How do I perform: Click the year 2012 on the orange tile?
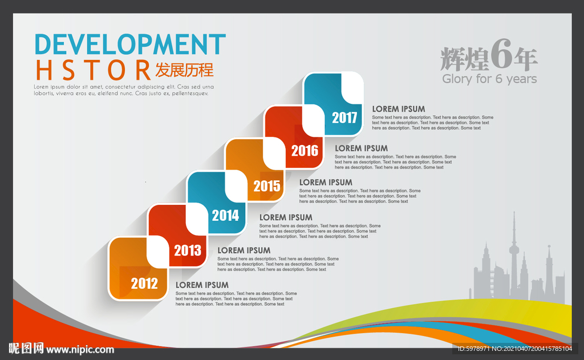click(x=144, y=284)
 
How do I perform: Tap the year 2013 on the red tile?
click(x=188, y=250)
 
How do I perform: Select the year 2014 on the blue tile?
click(x=225, y=216)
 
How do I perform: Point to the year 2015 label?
click(x=267, y=186)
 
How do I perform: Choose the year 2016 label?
click(x=305, y=151)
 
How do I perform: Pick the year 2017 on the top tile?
click(x=344, y=118)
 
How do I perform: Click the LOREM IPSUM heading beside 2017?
click(x=399, y=109)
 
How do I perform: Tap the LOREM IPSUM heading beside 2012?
click(x=202, y=285)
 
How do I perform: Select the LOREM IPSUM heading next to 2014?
click(x=286, y=217)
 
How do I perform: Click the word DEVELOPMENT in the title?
click(x=130, y=45)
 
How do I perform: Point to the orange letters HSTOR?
click(x=93, y=70)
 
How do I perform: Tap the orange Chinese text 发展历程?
click(x=184, y=70)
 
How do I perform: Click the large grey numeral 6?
click(x=501, y=54)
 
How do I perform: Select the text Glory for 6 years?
click(x=489, y=79)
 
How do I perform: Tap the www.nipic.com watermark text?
click(x=80, y=350)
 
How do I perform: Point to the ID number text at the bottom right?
click(x=515, y=349)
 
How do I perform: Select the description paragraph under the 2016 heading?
click(x=395, y=162)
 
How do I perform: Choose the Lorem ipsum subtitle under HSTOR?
click(x=124, y=90)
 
